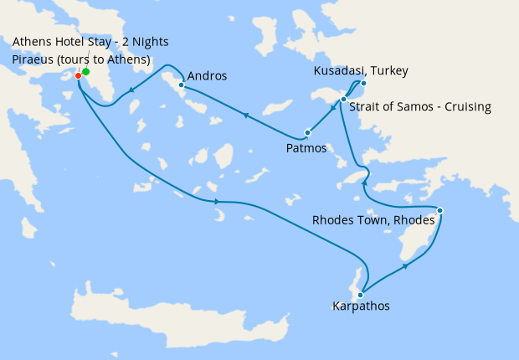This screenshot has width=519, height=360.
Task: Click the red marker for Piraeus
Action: (x=78, y=76)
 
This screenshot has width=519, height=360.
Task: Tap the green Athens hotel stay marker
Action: (x=86, y=72)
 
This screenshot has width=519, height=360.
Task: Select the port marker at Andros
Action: (x=181, y=85)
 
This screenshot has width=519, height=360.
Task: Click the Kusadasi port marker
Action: (x=363, y=83)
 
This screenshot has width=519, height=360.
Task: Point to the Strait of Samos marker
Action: (x=343, y=100)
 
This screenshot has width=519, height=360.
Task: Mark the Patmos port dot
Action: (x=308, y=132)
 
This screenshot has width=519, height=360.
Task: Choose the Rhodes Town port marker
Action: (x=440, y=210)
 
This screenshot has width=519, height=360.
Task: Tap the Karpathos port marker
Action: (x=360, y=294)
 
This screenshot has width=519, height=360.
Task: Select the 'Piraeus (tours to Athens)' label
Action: (x=81, y=59)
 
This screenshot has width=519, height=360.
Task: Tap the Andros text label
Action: (x=208, y=76)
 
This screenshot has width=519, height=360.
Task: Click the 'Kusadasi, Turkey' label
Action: (x=361, y=70)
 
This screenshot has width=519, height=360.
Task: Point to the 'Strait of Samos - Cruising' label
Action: (x=421, y=107)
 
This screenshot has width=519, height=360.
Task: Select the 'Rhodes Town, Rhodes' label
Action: (x=373, y=220)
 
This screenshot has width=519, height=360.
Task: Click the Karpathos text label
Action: (x=361, y=306)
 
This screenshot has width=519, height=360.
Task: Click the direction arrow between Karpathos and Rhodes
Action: (x=406, y=266)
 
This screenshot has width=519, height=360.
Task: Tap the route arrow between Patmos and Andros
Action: (x=245, y=115)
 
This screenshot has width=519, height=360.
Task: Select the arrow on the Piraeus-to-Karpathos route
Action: (x=217, y=202)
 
